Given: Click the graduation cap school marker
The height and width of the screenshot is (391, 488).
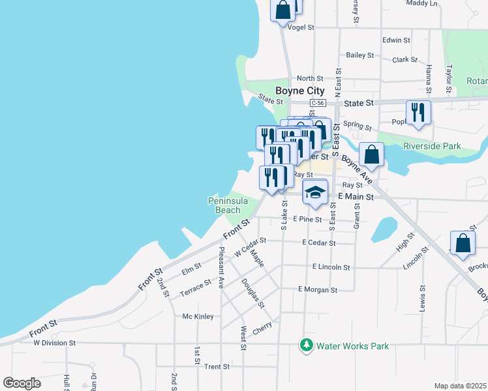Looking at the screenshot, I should point(314,192).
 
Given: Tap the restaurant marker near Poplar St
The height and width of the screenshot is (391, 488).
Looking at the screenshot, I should point(417,113).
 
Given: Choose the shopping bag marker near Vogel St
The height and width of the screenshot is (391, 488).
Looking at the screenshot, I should point(284,10).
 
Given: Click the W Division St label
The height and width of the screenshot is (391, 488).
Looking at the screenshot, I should point(55,342).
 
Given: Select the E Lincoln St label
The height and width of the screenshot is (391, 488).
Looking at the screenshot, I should point(331,267).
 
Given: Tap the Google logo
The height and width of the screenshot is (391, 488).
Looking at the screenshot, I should point(22,383).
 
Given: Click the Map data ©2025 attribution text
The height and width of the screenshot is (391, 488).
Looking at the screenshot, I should point(460,386).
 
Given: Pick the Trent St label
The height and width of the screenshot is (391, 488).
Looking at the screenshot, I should point(217,367).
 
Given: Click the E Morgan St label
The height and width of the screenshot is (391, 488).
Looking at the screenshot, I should point(317,289).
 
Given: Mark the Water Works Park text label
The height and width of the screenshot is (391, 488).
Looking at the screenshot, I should point(352,346).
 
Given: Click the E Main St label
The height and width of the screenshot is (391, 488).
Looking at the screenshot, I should point(356,196).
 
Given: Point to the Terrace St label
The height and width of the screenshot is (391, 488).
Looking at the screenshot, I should point(196,287).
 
